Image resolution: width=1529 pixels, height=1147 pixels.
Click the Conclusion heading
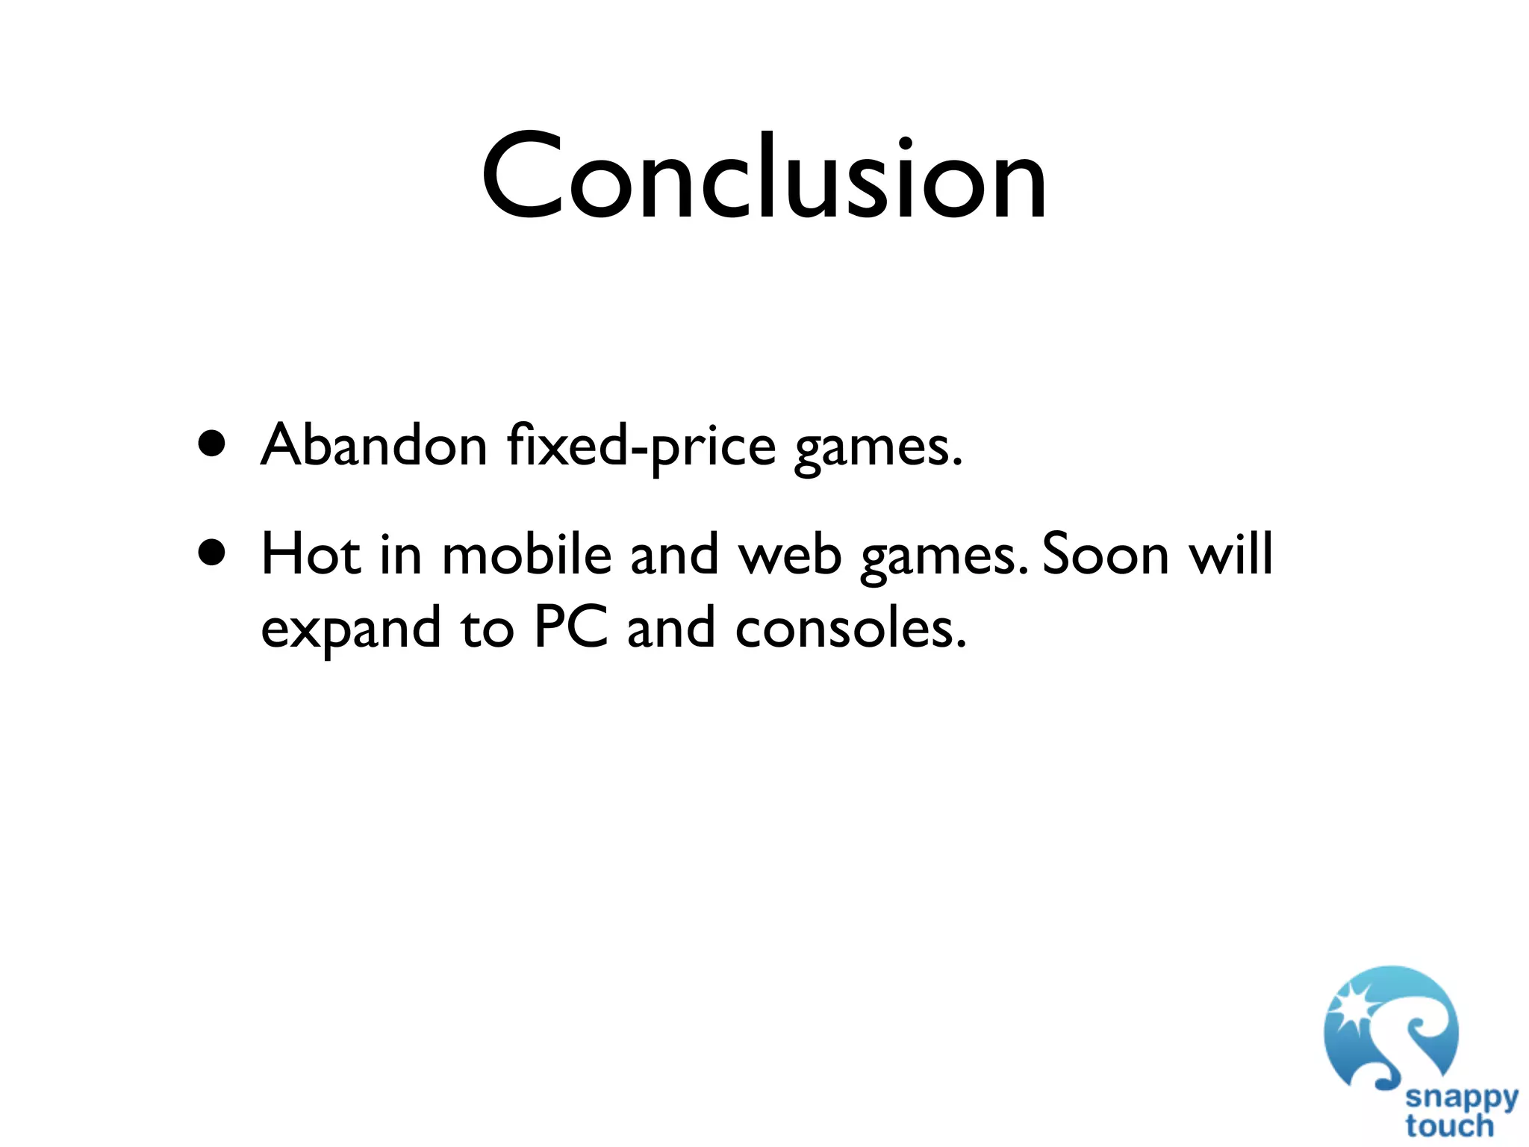pyautogui.click(x=764, y=178)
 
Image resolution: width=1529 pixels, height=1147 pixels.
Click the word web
pyautogui.click(x=790, y=556)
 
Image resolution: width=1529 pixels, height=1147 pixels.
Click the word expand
pyautogui.click(x=350, y=629)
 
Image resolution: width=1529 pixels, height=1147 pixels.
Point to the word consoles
pyautogui.click(x=850, y=628)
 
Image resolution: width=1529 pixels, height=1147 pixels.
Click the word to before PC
pyautogui.click(x=487, y=629)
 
